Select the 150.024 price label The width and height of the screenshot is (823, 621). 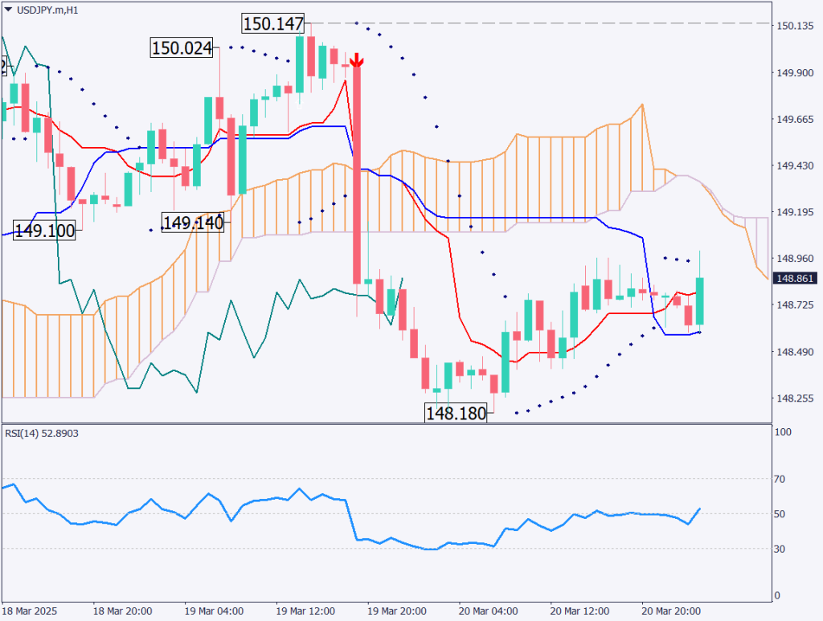tap(182, 48)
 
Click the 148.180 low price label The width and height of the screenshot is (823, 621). tap(456, 414)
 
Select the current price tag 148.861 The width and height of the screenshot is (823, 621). tap(794, 278)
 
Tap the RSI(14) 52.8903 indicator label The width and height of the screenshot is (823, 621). tap(42, 433)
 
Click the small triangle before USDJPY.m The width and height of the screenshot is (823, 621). tap(8, 9)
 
